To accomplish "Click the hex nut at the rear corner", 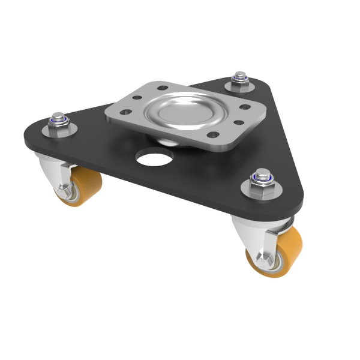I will click(240, 85).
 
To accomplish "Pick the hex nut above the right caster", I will click(262, 188).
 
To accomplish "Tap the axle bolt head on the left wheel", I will click(65, 193).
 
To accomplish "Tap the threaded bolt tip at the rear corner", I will click(241, 75).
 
